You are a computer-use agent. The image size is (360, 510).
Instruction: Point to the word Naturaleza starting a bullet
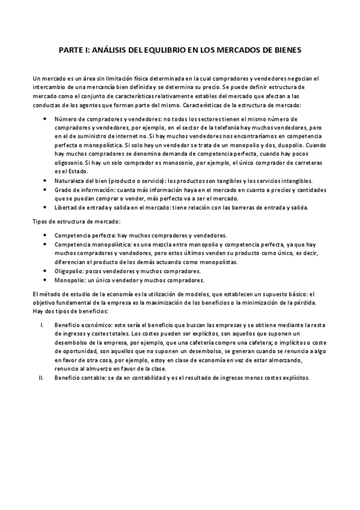(x=72, y=181)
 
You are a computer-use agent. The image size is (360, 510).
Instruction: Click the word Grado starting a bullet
(x=63, y=190)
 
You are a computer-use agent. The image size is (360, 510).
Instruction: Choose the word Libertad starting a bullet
(x=67, y=208)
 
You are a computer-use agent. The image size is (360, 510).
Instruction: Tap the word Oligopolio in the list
(x=70, y=271)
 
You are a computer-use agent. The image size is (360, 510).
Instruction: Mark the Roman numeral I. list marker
(x=41, y=324)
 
